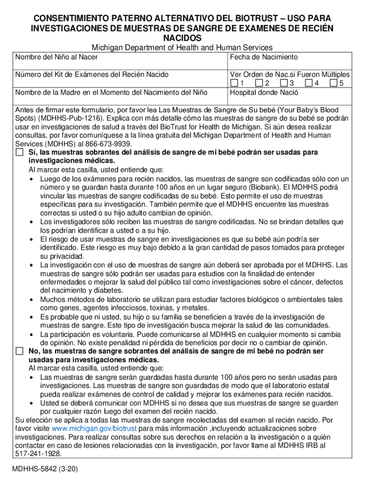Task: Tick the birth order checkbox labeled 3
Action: click(283, 84)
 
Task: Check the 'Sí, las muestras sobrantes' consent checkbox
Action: click(19, 152)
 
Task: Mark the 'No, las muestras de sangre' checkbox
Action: click(19, 351)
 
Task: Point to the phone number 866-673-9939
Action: click(110, 144)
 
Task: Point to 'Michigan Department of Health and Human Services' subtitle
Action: click(182, 47)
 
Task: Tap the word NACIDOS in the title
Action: click(182, 37)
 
